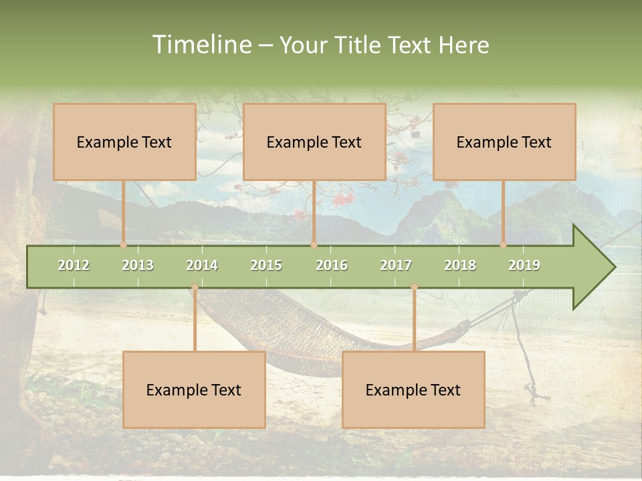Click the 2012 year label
[74, 265]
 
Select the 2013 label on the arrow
[138, 265]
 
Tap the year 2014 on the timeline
[202, 265]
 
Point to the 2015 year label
[266, 265]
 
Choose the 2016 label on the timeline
[332, 265]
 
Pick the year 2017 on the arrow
[396, 265]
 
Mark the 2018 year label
[460, 265]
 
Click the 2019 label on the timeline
[524, 265]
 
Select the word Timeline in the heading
[201, 45]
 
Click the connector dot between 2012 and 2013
[124, 245]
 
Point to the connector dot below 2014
[195, 287]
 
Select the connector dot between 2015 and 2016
[314, 245]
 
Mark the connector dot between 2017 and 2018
[414, 287]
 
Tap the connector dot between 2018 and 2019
[504, 245]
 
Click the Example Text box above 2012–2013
[124, 142]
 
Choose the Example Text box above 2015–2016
[314, 142]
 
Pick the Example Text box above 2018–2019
[504, 142]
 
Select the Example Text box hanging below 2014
[194, 389]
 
